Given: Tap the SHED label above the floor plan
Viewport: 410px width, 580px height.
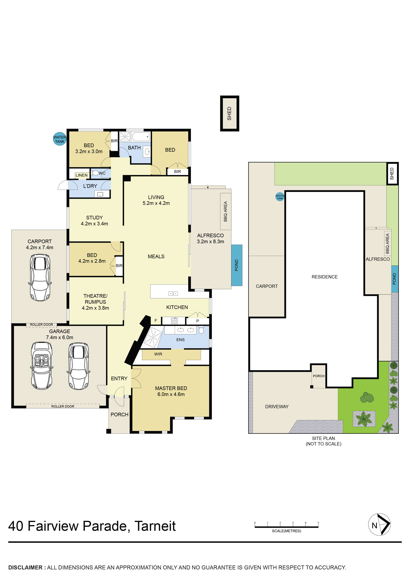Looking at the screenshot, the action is coord(229,113).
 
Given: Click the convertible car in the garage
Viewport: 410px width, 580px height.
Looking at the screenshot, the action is coord(42,366).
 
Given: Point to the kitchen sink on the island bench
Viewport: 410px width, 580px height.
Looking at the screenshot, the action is coord(173,293).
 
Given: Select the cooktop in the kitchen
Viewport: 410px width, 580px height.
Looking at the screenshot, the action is coord(174,321).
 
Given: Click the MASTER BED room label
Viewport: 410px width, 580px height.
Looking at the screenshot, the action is coord(171,388).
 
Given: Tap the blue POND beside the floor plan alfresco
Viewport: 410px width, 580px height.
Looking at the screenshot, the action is coord(237,265).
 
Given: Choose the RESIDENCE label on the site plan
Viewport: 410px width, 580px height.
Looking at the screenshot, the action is coord(325,277).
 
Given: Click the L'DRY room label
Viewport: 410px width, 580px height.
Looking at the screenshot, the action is coord(90,186).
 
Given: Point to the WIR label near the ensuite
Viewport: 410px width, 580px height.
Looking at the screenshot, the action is coord(158,354).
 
